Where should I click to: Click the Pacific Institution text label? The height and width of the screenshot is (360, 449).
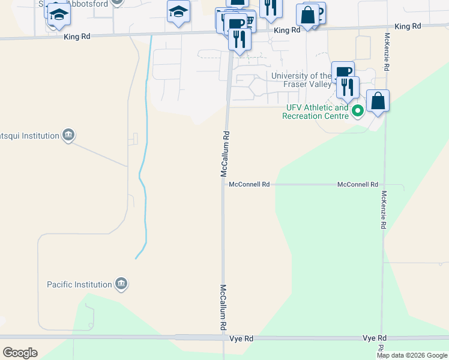click(x=80, y=284)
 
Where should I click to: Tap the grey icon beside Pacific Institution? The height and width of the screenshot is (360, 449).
click(x=122, y=283)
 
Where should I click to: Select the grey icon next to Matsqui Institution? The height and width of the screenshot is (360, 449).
click(x=68, y=136)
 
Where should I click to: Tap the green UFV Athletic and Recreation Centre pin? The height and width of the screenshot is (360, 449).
click(x=358, y=110)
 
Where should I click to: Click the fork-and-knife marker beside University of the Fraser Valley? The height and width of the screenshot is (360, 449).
click(x=347, y=88)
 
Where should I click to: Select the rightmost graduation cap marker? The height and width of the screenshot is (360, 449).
click(x=178, y=13)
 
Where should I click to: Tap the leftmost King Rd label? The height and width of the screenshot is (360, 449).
click(x=77, y=37)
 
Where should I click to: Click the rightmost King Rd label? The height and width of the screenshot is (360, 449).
click(x=408, y=26)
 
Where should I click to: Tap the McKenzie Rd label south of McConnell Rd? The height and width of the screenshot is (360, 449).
click(x=382, y=210)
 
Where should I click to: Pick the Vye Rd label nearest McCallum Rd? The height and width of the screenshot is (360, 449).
click(x=241, y=339)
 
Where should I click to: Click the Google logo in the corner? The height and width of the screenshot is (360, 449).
click(x=20, y=353)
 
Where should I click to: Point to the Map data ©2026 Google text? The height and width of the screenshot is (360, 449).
click(x=412, y=355)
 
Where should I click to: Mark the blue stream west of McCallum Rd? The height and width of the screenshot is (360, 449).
click(x=143, y=180)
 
